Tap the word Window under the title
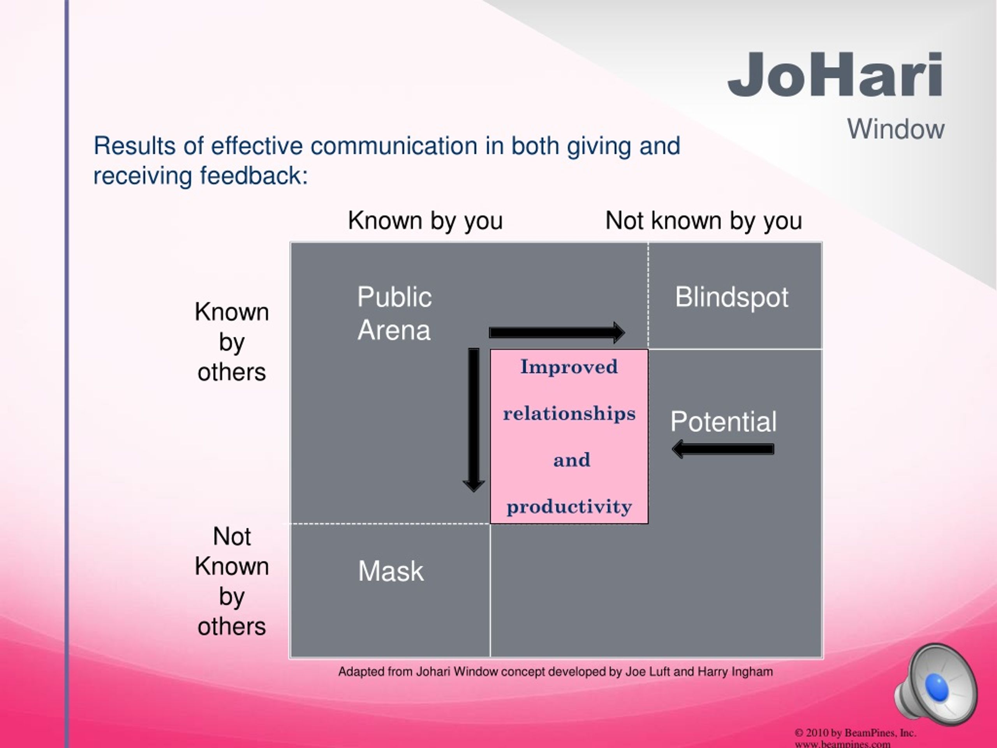[896, 129]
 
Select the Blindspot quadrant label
[731, 298]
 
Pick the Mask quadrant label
[391, 571]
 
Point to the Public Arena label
[395, 313]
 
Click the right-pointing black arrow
[557, 333]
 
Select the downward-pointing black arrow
[474, 419]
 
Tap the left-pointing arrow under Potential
[723, 449]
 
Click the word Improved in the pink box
[569, 367]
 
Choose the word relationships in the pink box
[569, 413]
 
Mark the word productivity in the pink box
[569, 507]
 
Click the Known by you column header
[425, 221]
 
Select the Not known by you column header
[704, 221]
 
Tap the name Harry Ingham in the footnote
[735, 672]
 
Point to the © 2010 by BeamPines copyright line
[855, 733]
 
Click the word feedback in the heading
[254, 175]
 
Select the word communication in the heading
[394, 146]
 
